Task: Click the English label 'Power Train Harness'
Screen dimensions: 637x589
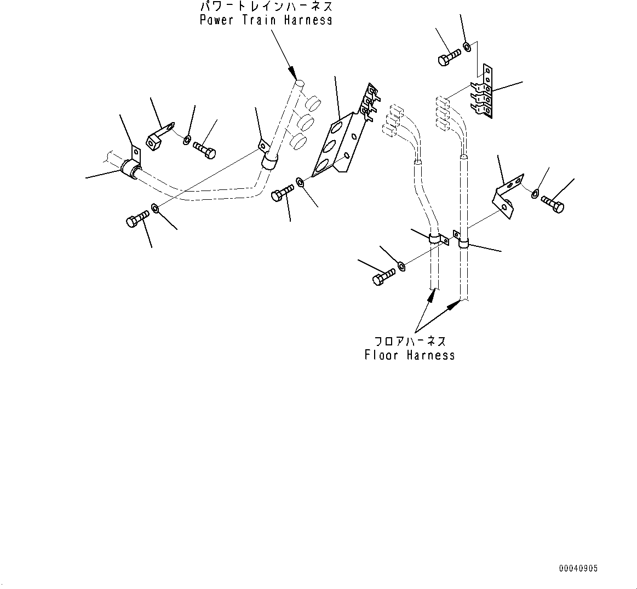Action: coord(266,20)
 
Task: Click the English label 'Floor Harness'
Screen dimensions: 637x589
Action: coord(410,355)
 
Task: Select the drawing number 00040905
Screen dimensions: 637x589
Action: coord(578,569)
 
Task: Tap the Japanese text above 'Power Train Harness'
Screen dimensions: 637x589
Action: coord(267,6)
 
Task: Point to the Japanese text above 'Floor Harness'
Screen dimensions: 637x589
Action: coord(410,341)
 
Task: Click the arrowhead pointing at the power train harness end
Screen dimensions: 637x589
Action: coord(293,73)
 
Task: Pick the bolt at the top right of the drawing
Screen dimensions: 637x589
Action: coord(449,57)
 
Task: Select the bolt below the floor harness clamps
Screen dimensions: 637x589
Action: coord(383,276)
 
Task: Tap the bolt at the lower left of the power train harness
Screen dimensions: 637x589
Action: coord(137,219)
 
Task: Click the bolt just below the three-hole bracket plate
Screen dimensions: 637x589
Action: coord(282,192)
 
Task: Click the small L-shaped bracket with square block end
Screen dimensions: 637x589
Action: coord(159,137)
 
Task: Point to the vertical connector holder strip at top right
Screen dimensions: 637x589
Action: coord(482,91)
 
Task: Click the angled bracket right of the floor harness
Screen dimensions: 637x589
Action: coord(508,196)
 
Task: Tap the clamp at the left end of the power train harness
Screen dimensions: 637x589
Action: coord(131,166)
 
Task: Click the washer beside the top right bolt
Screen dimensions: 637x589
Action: coord(467,47)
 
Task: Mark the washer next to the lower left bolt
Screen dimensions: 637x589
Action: coord(155,208)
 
